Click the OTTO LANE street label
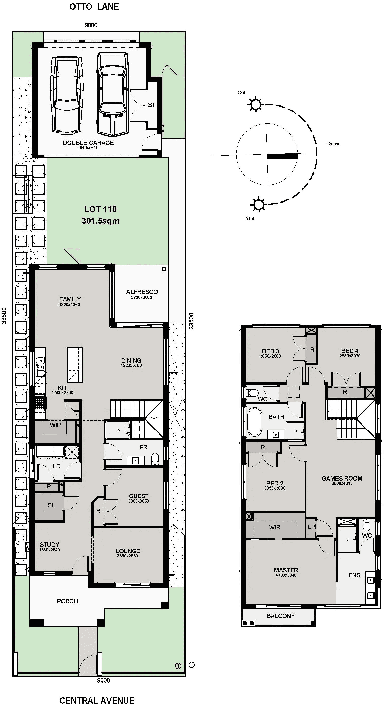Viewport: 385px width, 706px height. click(x=94, y=7)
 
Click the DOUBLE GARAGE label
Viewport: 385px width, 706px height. click(x=88, y=143)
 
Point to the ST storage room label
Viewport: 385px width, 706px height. click(x=151, y=105)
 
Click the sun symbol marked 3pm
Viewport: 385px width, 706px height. click(x=255, y=104)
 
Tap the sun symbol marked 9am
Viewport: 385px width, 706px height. click(x=258, y=204)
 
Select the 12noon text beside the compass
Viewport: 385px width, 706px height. click(x=333, y=144)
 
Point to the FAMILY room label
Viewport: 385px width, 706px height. click(x=70, y=299)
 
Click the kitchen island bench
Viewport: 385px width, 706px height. click(x=75, y=364)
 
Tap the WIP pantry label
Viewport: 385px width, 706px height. click(x=55, y=425)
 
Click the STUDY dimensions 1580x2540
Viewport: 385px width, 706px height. click(x=49, y=550)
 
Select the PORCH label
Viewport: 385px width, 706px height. click(x=68, y=601)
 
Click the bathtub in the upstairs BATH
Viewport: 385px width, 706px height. click(x=254, y=422)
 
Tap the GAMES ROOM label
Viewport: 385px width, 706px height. click(x=342, y=478)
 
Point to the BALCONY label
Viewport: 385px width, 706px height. click(x=280, y=616)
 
